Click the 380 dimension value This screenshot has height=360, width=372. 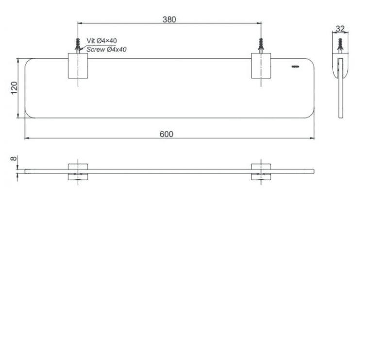click(x=169, y=19)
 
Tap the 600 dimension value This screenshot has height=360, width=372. click(x=166, y=134)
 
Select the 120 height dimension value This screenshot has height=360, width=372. click(x=14, y=88)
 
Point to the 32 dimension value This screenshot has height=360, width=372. click(x=340, y=29)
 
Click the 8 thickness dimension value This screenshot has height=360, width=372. click(x=14, y=158)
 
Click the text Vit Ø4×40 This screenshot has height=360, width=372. click(x=101, y=41)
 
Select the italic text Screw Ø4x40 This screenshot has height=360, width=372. click(x=106, y=50)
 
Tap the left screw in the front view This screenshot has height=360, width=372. click(x=78, y=46)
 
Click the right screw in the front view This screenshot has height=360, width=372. click(x=261, y=46)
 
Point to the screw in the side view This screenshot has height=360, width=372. click(x=340, y=46)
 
